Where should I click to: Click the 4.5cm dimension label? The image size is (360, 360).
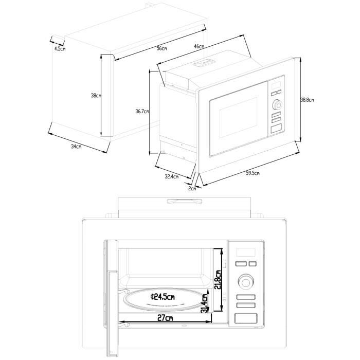pyautogui.click(x=60, y=49)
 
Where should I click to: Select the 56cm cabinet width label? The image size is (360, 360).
pyautogui.click(x=162, y=48)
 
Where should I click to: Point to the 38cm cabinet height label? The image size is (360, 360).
pyautogui.click(x=96, y=96)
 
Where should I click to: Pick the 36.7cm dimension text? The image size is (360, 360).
pyautogui.click(x=142, y=111)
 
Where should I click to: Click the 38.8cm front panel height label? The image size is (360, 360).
pyautogui.click(x=307, y=100)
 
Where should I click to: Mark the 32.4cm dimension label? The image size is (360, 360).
pyautogui.click(x=171, y=177)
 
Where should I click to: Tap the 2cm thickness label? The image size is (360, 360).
pyautogui.click(x=192, y=189)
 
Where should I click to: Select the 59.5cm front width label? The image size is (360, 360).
pyautogui.click(x=252, y=173)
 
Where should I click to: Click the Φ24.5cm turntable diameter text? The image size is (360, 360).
pyautogui.click(x=163, y=297)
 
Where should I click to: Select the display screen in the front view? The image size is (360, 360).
pyautogui.click(x=245, y=253)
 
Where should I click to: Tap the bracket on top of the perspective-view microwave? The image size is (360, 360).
pyautogui.click(x=204, y=63)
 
